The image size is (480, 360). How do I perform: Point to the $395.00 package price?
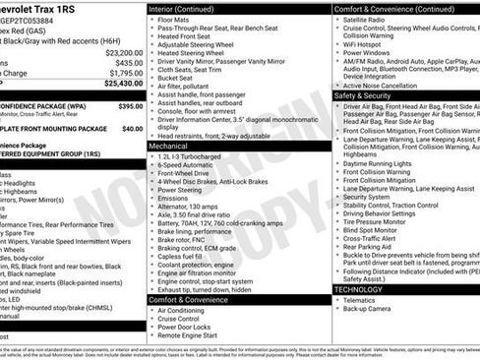130,105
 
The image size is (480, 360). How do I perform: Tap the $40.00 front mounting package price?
132,128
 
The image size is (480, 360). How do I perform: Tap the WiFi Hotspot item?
366,45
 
